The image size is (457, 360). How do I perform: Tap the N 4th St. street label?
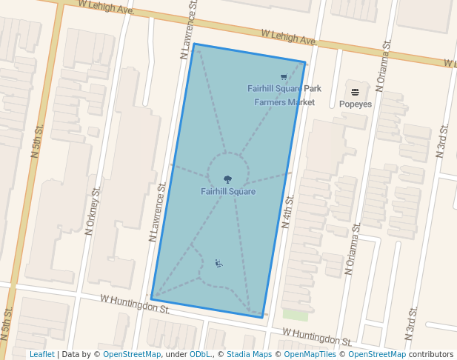click(288, 211)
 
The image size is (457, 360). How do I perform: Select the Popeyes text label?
click(356, 104)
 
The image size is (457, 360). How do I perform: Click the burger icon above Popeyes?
click(356, 93)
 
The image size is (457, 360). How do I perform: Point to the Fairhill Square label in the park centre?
click(228, 192)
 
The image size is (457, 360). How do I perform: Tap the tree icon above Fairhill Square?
click(227, 179)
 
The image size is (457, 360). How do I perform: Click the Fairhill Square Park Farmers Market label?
click(284, 96)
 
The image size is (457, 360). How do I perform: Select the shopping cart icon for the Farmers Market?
click(284, 77)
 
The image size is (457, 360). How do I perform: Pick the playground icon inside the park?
click(219, 263)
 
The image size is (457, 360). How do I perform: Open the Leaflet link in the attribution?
click(41, 354)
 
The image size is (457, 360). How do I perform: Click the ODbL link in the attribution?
click(200, 354)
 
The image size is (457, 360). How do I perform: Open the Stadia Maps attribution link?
click(249, 354)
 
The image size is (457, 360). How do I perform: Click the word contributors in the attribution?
click(431, 354)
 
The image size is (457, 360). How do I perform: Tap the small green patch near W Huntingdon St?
click(295, 315)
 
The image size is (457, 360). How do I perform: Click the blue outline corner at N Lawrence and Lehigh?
click(194, 44)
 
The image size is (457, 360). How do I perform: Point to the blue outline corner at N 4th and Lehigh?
click(305, 62)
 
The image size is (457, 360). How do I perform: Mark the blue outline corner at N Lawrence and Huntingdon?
click(152, 299)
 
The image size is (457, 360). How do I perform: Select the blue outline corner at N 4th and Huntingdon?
click(264, 317)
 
